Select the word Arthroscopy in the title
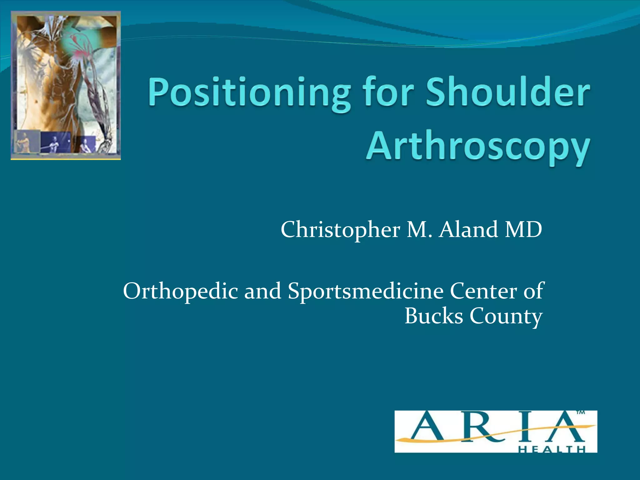click(x=478, y=147)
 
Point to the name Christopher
click(x=340, y=230)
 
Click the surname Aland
click(x=468, y=229)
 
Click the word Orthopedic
click(x=180, y=291)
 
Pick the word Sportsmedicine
click(x=365, y=291)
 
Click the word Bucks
click(x=433, y=316)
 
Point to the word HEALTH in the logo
click(x=552, y=450)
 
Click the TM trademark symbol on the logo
click(x=580, y=413)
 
